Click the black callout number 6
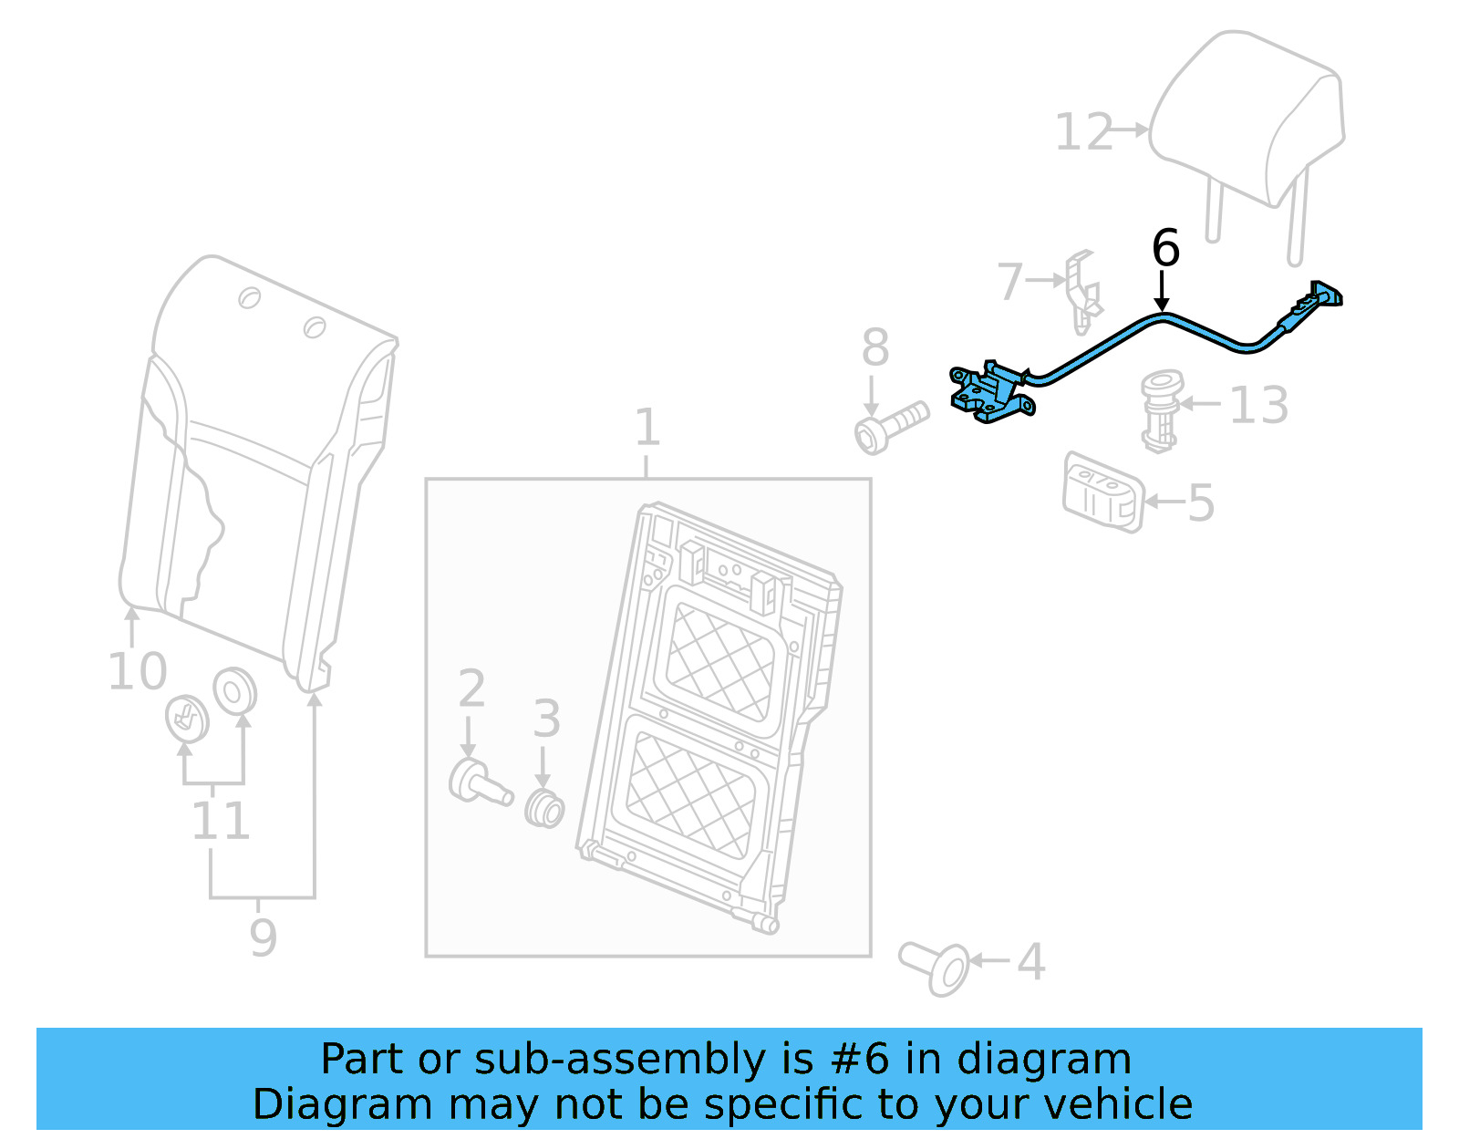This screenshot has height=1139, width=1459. click(x=1164, y=248)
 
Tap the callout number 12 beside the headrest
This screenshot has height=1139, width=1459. click(x=1084, y=132)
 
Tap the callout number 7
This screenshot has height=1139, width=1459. click(x=1010, y=282)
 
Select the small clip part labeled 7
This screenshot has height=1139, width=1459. click(x=1082, y=292)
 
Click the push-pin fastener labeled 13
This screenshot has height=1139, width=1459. click(x=1161, y=409)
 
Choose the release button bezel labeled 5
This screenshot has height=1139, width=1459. click(x=1102, y=492)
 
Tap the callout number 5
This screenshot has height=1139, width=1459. click(x=1201, y=502)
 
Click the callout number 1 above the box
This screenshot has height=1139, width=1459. click(x=647, y=427)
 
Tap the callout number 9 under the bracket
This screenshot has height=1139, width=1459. click(x=263, y=937)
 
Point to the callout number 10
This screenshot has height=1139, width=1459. click(x=138, y=671)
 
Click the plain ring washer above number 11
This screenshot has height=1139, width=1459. click(x=234, y=692)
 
